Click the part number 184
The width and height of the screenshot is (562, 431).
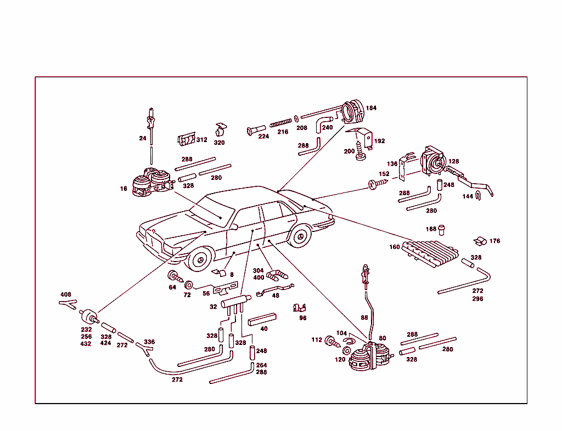click(x=372, y=108)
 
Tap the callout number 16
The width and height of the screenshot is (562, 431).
click(x=123, y=189)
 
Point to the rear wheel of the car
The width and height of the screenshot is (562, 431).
click(x=299, y=237)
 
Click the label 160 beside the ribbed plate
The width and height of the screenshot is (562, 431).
click(x=395, y=247)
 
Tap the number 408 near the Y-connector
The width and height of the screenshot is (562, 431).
click(x=66, y=294)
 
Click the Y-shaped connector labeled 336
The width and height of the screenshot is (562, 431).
click(x=144, y=349)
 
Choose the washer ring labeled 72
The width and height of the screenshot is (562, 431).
click(x=189, y=285)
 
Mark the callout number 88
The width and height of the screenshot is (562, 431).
click(x=364, y=317)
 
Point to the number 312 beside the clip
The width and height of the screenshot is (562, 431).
click(x=202, y=140)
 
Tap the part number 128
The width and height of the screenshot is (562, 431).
click(x=454, y=162)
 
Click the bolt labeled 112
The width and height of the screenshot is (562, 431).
click(x=331, y=341)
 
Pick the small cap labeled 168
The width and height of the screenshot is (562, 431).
click(x=441, y=228)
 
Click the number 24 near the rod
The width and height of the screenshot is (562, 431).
click(x=143, y=138)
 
